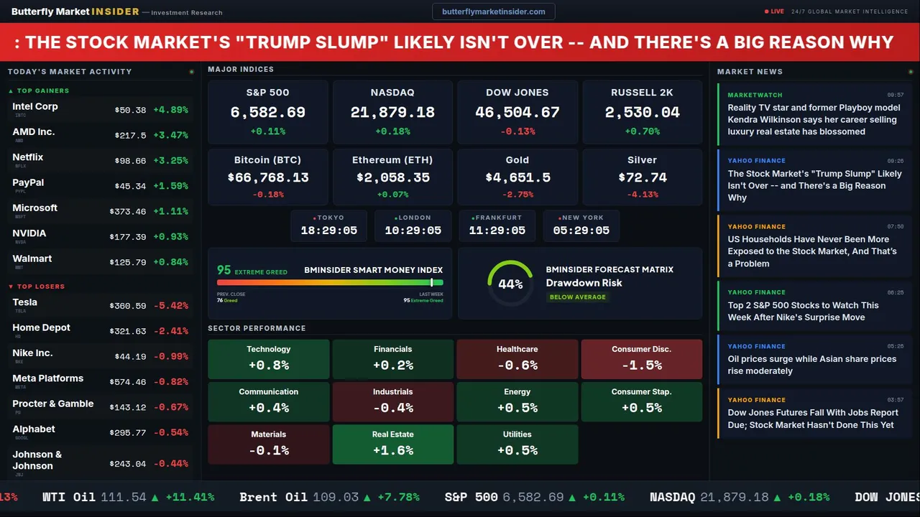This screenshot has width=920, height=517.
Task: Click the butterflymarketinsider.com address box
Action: (x=493, y=11)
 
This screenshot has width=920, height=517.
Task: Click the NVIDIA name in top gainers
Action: (x=29, y=233)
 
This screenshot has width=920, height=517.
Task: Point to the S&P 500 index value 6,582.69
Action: (x=267, y=112)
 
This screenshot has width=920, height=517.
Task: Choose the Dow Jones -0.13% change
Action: (x=517, y=131)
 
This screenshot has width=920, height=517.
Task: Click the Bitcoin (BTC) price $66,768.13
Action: (x=267, y=177)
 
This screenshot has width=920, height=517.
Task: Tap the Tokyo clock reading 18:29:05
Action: (x=329, y=230)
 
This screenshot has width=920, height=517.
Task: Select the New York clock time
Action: (x=581, y=230)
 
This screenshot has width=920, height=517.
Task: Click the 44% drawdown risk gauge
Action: (x=510, y=284)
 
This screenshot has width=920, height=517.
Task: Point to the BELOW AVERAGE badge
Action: (x=577, y=297)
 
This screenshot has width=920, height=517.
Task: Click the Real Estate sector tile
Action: (x=393, y=444)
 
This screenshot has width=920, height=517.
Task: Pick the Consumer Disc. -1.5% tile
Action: (x=641, y=359)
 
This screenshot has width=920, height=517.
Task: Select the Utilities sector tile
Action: (x=517, y=444)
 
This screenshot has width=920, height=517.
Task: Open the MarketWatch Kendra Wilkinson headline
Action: (x=814, y=120)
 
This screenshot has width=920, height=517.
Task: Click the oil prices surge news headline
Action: (x=811, y=365)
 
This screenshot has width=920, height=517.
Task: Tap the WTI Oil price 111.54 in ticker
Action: (x=124, y=497)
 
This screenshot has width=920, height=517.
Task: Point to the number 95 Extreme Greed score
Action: (x=224, y=270)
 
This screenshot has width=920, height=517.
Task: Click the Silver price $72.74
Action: (x=642, y=177)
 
